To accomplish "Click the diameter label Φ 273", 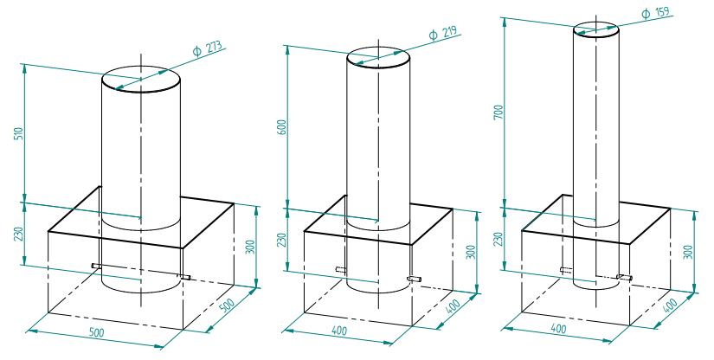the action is click(207, 48).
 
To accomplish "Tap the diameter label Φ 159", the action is click(656, 12).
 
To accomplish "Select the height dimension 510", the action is click(19, 133).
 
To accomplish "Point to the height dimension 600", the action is click(282, 126).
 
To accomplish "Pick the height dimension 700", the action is click(499, 112).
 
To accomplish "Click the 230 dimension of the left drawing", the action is click(19, 234).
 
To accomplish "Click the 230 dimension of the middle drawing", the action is click(282, 240).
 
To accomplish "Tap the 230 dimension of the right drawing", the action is click(499, 240).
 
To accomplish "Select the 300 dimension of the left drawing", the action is click(250, 247).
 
